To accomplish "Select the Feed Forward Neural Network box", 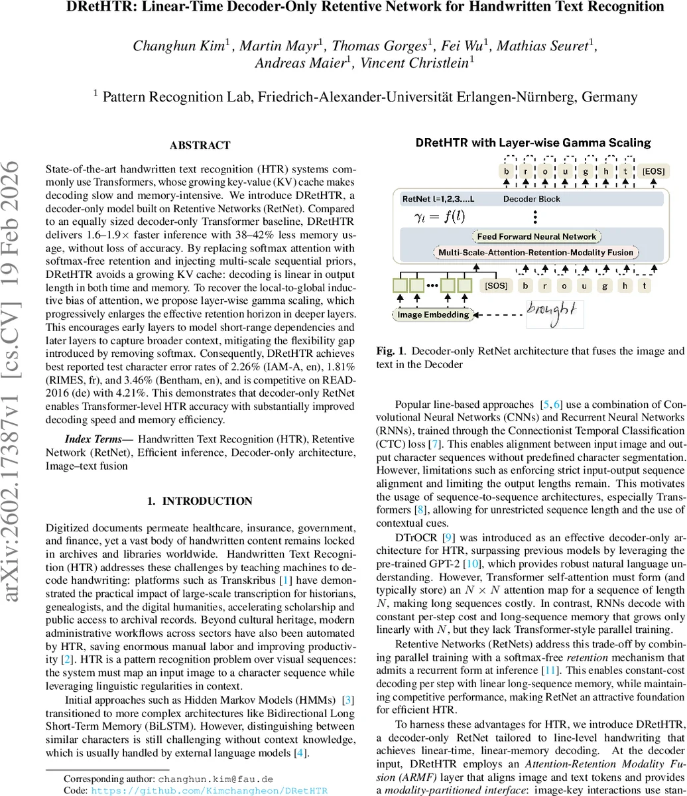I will point(536,237).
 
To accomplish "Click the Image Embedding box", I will point(433,314).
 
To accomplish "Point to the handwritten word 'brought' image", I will point(550,310).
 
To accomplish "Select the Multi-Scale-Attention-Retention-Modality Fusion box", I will point(536,253).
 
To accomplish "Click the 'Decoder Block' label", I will point(532,198).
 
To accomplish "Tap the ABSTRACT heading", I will point(200,145).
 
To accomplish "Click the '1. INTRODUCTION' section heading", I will point(200,501).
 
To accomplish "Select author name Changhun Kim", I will point(181,46).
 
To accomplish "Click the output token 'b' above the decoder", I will point(507,172).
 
